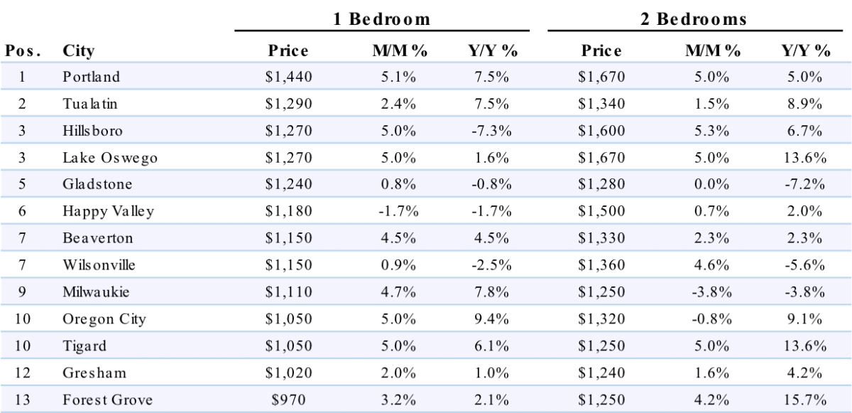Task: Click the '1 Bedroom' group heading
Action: pyautogui.click(x=381, y=19)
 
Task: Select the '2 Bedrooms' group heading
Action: pyautogui.click(x=694, y=19)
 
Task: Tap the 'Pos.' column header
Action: pyautogui.click(x=23, y=50)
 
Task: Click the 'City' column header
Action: pyautogui.click(x=78, y=51)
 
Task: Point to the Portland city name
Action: pyautogui.click(x=92, y=77)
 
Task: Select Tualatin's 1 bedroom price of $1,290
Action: pyautogui.click(x=289, y=104)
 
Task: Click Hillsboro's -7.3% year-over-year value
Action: pyautogui.click(x=491, y=131)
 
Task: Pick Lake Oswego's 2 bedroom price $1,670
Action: pyautogui.click(x=601, y=158)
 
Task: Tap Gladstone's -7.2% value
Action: pyautogui.click(x=805, y=185)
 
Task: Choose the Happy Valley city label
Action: pyautogui.click(x=109, y=212)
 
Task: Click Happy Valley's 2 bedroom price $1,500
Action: pyautogui.click(x=601, y=211)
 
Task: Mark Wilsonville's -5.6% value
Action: pyautogui.click(x=805, y=265)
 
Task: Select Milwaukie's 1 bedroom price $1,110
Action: pyautogui.click(x=289, y=292)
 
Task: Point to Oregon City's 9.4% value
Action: pyautogui.click(x=491, y=319)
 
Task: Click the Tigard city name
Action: pyautogui.click(x=84, y=346)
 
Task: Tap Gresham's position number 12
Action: pyautogui.click(x=23, y=372)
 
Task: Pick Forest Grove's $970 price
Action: pyautogui.click(x=289, y=399)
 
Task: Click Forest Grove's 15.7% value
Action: pyautogui.click(x=805, y=399)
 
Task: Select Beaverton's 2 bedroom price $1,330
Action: pyautogui.click(x=601, y=238)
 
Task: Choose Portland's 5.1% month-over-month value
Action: pyautogui.click(x=398, y=77)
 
